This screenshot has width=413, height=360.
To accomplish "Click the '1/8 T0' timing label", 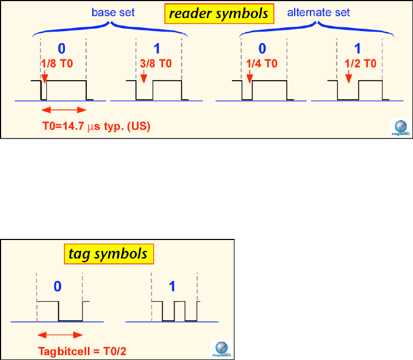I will pos(57,63).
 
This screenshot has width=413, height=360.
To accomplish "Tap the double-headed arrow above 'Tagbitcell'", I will pos(59,335).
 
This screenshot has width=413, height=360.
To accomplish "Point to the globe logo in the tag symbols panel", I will pos(220,347).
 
